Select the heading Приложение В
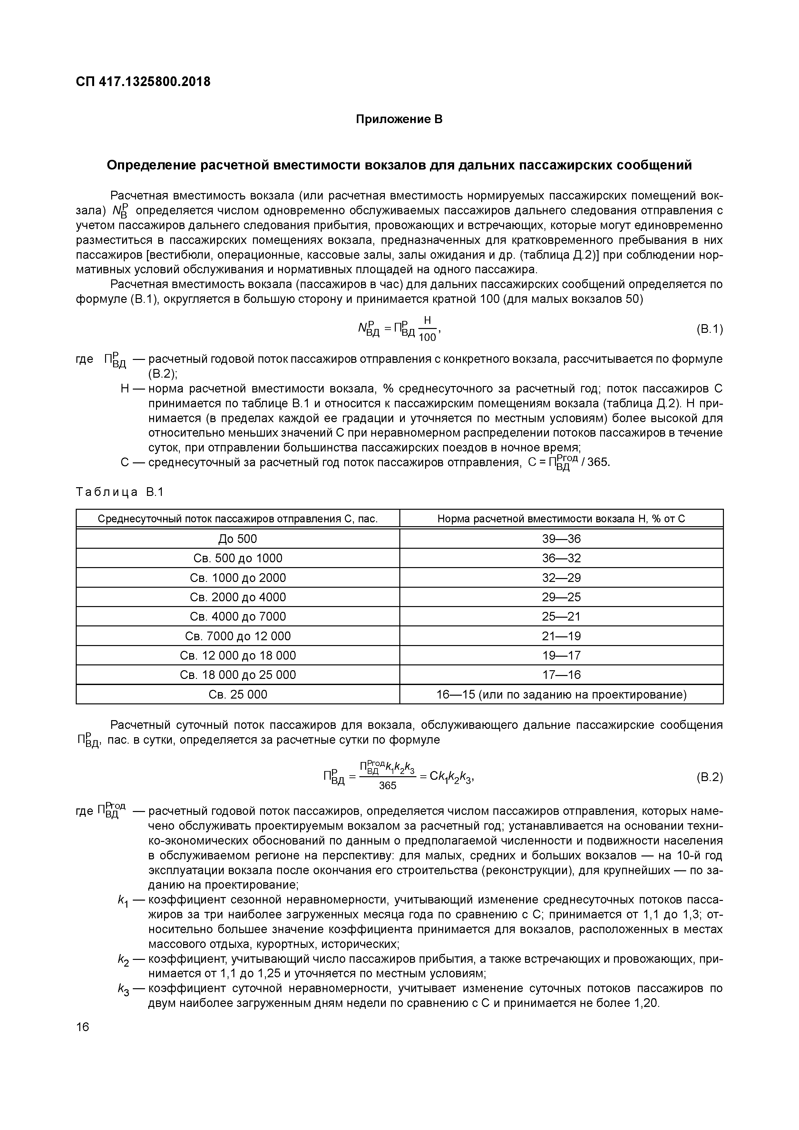[399, 119]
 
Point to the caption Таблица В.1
[120, 492]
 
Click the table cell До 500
[238, 539]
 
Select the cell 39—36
[561, 539]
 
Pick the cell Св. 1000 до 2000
[238, 578]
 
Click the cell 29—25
[561, 597]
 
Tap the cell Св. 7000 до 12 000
[238, 636]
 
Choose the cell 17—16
[561, 675]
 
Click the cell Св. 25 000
[238, 694]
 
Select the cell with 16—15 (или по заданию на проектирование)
[561, 694]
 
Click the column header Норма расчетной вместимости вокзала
[561, 519]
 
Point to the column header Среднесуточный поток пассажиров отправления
[238, 519]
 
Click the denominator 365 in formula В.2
[387, 786]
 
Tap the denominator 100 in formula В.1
[427, 338]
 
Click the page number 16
[83, 1027]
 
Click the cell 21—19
[561, 636]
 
